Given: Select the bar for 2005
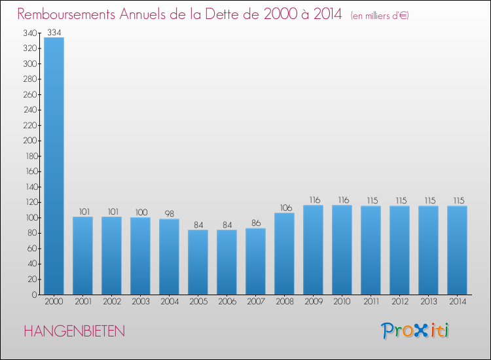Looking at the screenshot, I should tap(198, 262).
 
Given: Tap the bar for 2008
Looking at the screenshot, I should tap(284, 253).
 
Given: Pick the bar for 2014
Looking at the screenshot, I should tap(457, 250).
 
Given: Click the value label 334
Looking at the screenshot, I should tap(54, 32).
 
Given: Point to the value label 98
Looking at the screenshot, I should tap(169, 213).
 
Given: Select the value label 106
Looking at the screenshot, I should tap(284, 207).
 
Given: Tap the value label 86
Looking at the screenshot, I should tap(255, 223).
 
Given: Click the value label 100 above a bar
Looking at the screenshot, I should tap(140, 212).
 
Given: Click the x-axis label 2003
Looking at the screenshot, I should tap(140, 302).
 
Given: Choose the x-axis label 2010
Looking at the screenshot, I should tap(342, 302).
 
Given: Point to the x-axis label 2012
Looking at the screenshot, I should tap(399, 302).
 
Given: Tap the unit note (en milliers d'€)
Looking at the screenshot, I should tap(371, 15).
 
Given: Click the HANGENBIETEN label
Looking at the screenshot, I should tap(74, 331).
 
